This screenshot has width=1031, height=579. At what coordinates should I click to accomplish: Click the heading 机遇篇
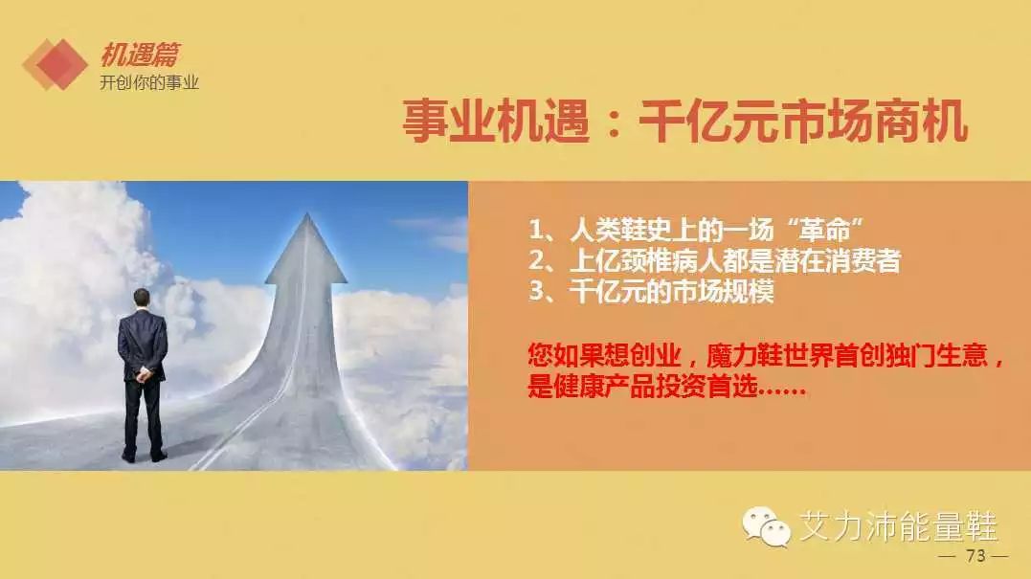pos(140,55)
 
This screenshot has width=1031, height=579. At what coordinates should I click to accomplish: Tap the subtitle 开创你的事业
pos(149,83)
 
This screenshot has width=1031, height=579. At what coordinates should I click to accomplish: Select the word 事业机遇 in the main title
pos(495,121)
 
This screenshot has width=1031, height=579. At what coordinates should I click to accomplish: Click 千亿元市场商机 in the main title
pos(803,121)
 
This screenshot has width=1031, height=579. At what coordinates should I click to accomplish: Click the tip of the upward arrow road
pos(307,213)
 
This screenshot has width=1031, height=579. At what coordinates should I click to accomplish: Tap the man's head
pos(142,299)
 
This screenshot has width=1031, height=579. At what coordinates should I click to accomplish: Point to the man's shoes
pos(144,456)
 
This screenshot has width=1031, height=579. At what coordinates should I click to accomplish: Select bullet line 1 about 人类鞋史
pos(696,230)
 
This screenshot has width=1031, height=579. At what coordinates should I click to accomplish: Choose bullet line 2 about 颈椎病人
pos(715,261)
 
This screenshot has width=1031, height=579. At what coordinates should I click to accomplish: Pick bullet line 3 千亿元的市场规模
pos(652,291)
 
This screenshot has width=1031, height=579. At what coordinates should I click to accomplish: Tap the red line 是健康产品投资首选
pos(642,386)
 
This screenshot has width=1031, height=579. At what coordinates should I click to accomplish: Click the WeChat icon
pos(766,526)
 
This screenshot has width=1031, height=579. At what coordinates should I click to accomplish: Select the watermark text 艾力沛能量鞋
pos(898,526)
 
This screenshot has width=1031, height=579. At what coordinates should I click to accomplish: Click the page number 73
pos(975,556)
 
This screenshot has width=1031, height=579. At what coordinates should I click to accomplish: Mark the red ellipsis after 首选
pos(782,392)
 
